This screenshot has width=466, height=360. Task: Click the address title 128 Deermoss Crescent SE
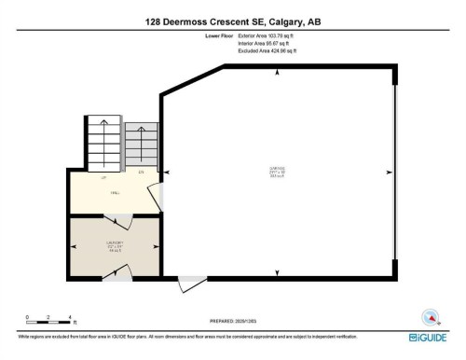(x=232, y=21)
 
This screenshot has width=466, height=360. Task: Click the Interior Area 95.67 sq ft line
(x=268, y=43)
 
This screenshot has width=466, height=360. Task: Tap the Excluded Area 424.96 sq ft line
(x=271, y=49)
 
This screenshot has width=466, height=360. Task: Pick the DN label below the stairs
(x=141, y=173)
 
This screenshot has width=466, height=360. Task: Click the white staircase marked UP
(x=103, y=145)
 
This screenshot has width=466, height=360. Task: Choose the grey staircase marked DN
(x=141, y=145)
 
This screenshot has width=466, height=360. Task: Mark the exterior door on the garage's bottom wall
(x=191, y=281)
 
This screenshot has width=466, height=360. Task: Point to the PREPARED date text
(x=232, y=320)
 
